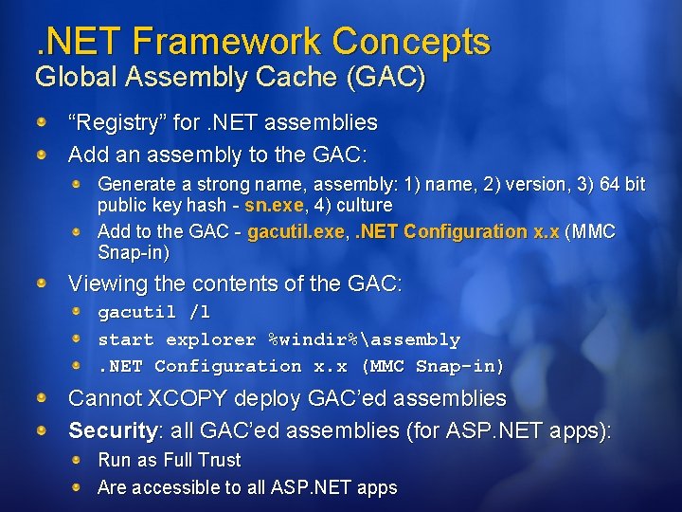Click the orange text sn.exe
[275, 205]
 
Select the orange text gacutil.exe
[296, 231]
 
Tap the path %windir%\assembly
[365, 339]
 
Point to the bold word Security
[112, 431]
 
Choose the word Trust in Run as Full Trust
[217, 460]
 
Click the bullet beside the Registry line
[43, 123]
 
